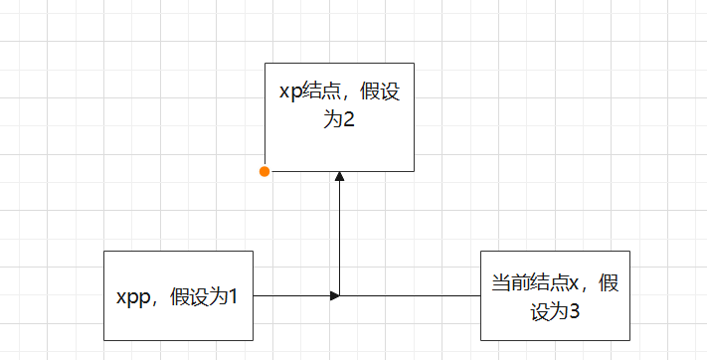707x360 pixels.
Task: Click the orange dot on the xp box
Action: tap(265, 171)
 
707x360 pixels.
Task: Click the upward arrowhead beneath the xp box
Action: tap(340, 177)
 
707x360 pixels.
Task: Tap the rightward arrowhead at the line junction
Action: tap(335, 295)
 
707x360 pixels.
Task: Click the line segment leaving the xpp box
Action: tap(288, 295)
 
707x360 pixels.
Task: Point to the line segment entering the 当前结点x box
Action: tap(418, 295)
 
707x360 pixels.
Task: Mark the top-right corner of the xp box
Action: tap(414, 63)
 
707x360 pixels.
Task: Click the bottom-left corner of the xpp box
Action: tap(104, 340)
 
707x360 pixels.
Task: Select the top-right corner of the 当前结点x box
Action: tap(629, 251)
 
